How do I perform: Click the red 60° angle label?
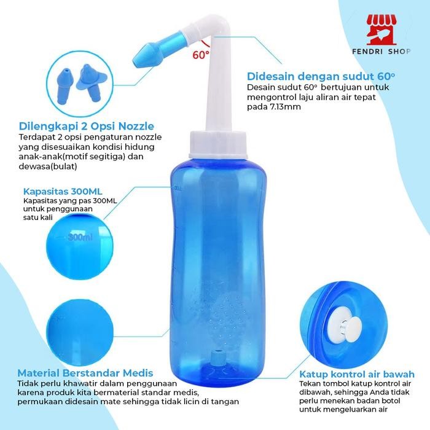[x=201, y=54]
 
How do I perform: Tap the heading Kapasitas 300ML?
[x=59, y=190]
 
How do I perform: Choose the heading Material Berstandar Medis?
[x=85, y=373]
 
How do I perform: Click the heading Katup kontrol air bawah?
[x=356, y=373]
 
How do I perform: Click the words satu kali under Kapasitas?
[x=37, y=217]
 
